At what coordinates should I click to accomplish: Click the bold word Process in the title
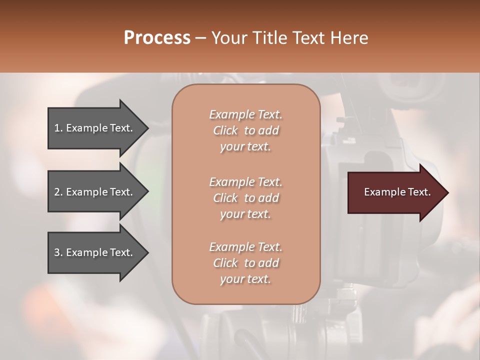(157, 38)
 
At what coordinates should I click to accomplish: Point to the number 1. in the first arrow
(58, 128)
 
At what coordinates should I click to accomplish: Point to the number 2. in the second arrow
(58, 192)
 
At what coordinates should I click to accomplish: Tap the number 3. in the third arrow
(58, 252)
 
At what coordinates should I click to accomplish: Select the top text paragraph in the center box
(245, 130)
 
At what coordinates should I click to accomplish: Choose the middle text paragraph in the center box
(245, 197)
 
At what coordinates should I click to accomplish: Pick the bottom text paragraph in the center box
(245, 263)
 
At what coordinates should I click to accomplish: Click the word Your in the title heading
(227, 38)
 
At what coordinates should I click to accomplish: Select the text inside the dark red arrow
(397, 192)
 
